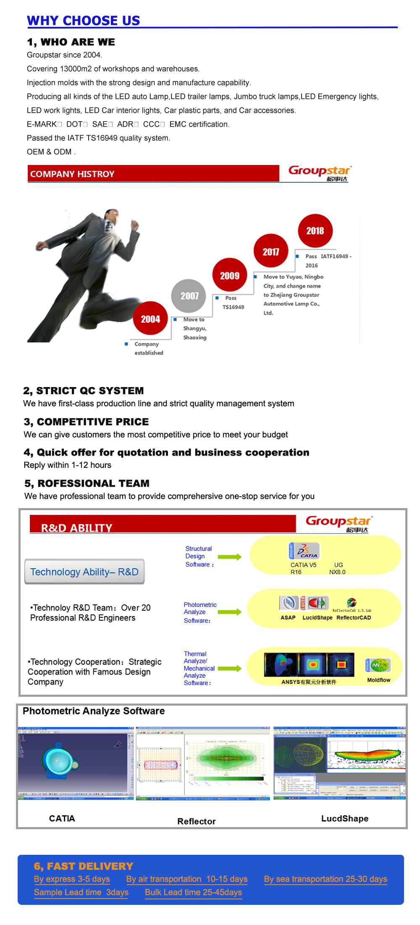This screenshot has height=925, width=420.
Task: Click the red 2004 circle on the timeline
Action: tap(150, 319)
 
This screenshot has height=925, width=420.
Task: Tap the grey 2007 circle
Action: tap(189, 296)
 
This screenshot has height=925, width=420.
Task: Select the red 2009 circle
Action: tap(230, 275)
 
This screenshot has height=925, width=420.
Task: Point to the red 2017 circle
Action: tap(271, 251)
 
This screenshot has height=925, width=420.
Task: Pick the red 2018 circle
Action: tap(315, 230)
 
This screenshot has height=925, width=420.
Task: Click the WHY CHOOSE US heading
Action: tap(83, 20)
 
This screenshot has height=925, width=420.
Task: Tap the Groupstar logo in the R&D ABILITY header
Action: tap(339, 523)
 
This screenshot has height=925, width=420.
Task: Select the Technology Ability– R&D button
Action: tap(84, 572)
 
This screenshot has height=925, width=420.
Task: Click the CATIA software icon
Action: tap(304, 551)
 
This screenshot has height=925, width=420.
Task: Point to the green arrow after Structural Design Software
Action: tap(229, 557)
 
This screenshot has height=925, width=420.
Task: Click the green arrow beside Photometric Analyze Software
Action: tap(229, 612)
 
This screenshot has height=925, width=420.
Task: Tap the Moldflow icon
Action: tap(378, 665)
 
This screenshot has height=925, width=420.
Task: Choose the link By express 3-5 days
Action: tap(72, 879)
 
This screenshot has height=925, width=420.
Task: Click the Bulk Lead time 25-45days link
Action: tap(193, 892)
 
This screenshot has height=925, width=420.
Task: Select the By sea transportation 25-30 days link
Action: tap(325, 879)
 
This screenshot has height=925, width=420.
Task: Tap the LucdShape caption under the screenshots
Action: tap(345, 818)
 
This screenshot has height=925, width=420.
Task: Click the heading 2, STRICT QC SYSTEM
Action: tap(84, 390)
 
